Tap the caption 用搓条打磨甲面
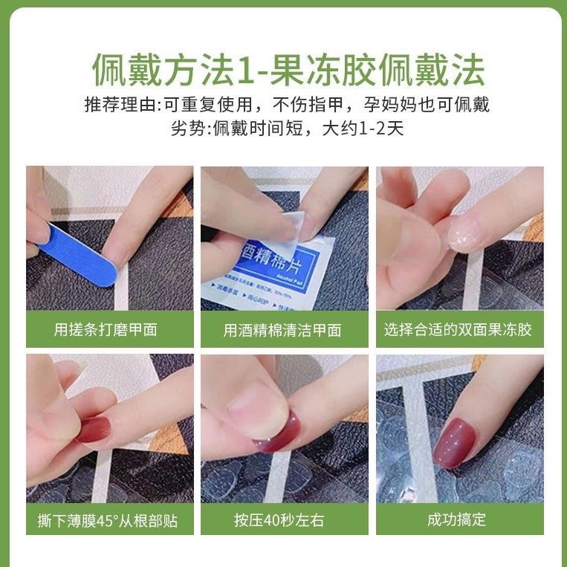106,330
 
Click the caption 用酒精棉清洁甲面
282,330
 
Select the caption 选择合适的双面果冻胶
459,330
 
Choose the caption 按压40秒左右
283,519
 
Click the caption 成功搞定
459,519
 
